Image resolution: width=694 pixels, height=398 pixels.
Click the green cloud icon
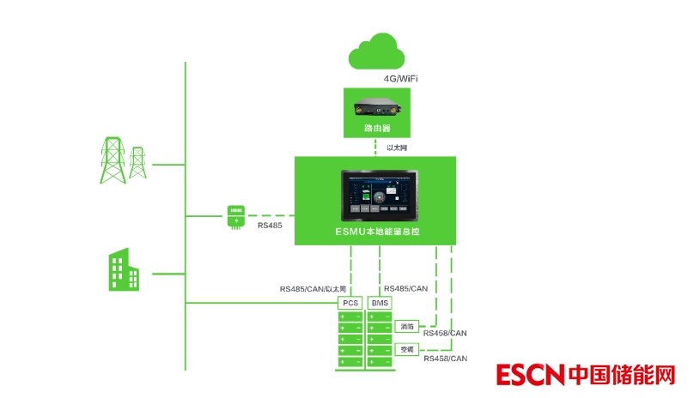click(x=376, y=53)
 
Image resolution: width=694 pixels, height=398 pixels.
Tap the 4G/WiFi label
click(x=401, y=78)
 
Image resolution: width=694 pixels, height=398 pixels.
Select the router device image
click(x=376, y=109)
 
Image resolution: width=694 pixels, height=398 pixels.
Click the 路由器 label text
click(x=376, y=128)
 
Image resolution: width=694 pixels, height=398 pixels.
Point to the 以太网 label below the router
click(x=396, y=148)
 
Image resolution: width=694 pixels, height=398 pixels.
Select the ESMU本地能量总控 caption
click(x=376, y=232)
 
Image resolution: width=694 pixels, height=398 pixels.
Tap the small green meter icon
click(x=234, y=215)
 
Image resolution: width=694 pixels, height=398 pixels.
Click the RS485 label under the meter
click(x=271, y=226)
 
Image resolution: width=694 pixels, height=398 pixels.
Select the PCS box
click(x=350, y=303)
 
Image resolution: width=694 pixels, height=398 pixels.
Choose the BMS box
click(x=380, y=303)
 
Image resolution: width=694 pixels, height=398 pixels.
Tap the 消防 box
click(x=407, y=327)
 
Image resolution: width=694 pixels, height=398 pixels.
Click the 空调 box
click(x=407, y=350)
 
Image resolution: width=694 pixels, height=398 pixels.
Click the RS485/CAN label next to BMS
click(x=406, y=289)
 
